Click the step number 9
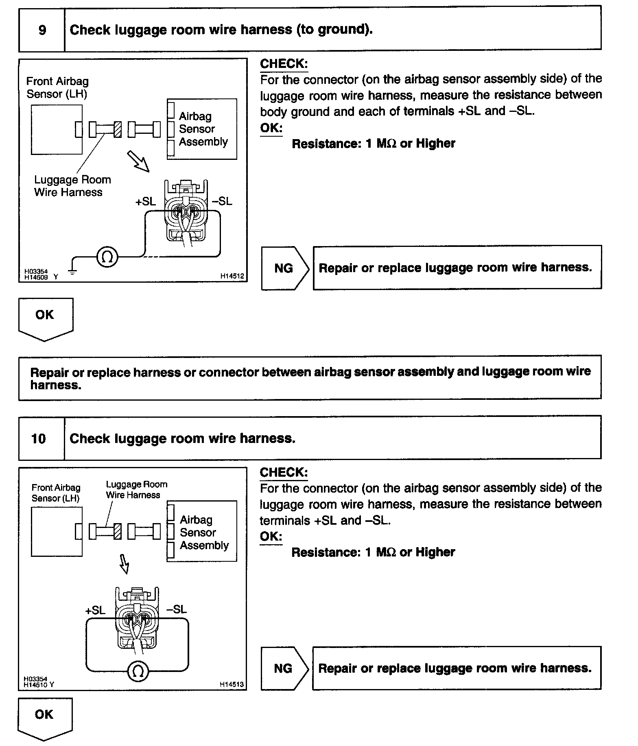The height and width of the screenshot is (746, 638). click(x=42, y=30)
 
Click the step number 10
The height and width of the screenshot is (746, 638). click(x=39, y=438)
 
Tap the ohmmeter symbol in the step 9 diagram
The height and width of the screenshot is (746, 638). click(x=107, y=257)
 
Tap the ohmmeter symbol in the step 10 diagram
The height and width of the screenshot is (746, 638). click(x=138, y=672)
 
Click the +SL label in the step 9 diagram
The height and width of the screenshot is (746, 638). click(x=146, y=201)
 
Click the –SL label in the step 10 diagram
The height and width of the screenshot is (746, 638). click(x=176, y=609)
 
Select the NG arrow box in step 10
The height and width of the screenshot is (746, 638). click(x=284, y=668)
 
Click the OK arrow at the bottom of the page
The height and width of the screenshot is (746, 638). click(x=44, y=718)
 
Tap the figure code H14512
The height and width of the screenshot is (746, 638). click(x=232, y=276)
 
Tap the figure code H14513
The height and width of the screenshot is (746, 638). click(x=232, y=684)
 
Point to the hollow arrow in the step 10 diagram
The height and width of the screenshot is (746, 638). click(x=124, y=563)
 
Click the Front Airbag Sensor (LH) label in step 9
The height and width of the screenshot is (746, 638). click(x=57, y=87)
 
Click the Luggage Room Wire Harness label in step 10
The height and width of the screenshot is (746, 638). click(x=136, y=490)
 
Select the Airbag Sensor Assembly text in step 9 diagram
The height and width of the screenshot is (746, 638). click(x=203, y=129)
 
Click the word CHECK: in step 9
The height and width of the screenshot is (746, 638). click(x=284, y=64)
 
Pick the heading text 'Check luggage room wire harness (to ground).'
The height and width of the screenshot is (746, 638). click(x=221, y=30)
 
